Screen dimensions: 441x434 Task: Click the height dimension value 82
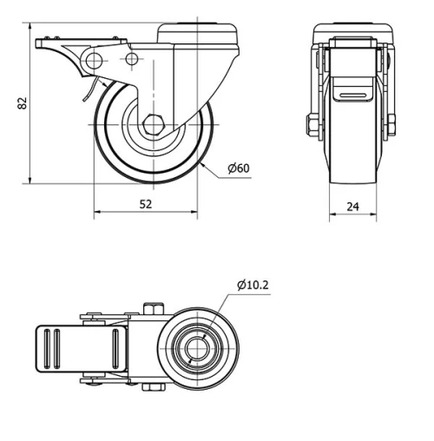point(23,102)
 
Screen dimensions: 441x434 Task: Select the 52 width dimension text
point(145,204)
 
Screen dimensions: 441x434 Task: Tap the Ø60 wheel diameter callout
point(239,168)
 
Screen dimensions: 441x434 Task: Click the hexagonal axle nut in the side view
point(154,123)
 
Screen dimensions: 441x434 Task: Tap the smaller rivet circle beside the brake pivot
point(132,59)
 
